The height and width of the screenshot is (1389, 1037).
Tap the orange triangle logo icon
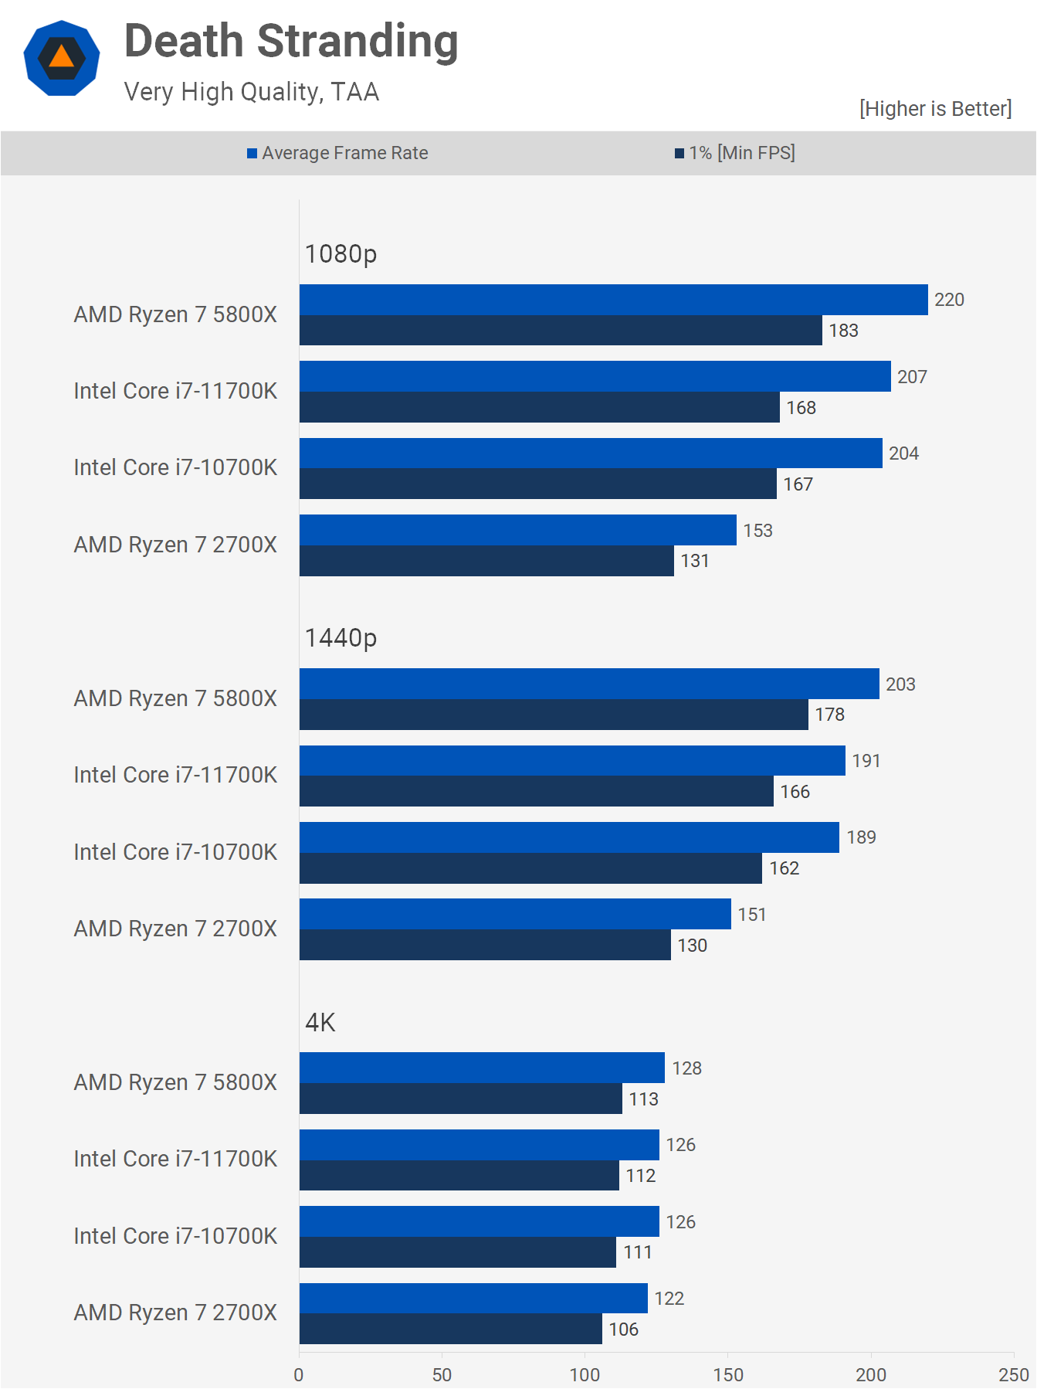click(x=62, y=58)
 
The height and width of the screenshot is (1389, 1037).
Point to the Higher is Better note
click(x=935, y=109)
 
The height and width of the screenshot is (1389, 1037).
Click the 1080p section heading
click(x=341, y=253)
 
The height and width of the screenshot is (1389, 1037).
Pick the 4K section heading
click(x=320, y=1022)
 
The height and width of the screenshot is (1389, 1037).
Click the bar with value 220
click(x=613, y=300)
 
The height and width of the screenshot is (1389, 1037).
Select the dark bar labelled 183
click(x=561, y=331)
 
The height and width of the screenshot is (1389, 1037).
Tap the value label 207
click(x=912, y=377)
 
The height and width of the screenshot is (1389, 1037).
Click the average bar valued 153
click(x=517, y=530)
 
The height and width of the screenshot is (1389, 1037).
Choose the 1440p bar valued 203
click(x=589, y=684)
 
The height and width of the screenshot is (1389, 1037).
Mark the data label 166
click(x=795, y=792)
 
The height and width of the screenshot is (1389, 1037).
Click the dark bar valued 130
click(x=485, y=945)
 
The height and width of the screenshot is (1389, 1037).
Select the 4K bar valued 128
click(x=482, y=1068)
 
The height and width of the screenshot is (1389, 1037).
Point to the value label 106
click(x=623, y=1330)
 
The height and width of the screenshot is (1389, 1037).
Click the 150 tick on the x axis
click(x=727, y=1375)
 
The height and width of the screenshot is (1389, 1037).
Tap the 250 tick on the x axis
click(x=1013, y=1375)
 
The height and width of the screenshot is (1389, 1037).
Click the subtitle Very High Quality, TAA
click(x=252, y=92)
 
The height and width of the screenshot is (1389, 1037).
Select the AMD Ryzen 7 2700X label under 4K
click(x=175, y=1313)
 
